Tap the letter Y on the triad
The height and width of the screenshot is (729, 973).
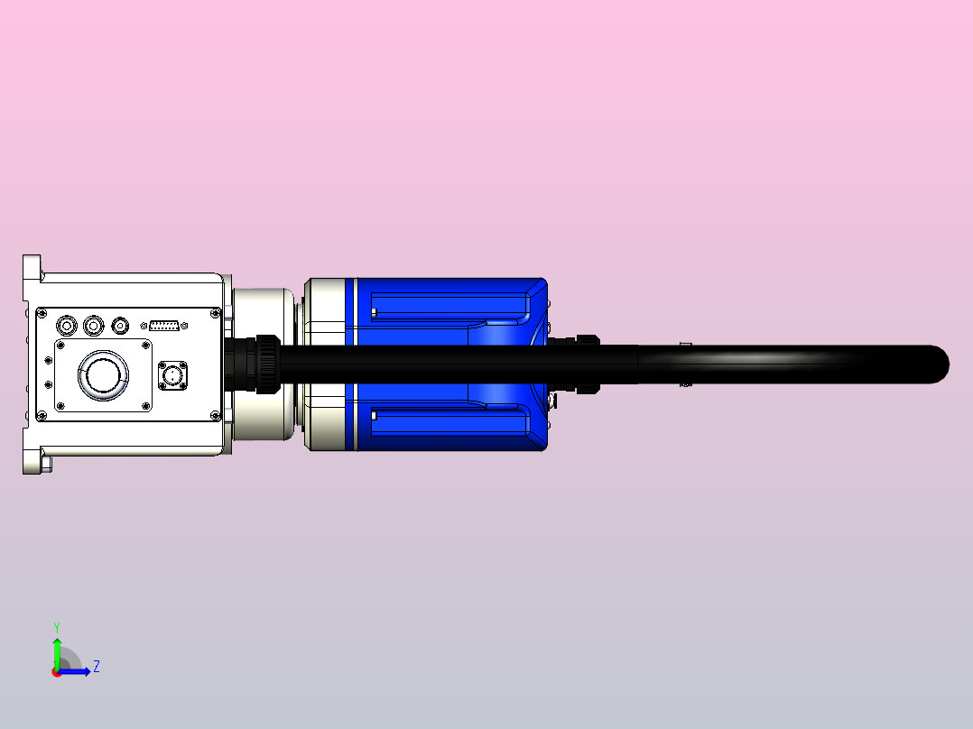tap(57, 626)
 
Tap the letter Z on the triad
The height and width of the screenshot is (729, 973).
tap(96, 668)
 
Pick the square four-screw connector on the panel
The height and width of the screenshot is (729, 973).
tap(173, 375)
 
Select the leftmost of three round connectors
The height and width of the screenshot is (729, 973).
tap(66, 325)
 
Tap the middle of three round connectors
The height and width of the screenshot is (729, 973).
tap(92, 325)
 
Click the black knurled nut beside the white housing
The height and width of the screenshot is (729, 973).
tap(264, 364)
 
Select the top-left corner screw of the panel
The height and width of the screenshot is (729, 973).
tap(41, 314)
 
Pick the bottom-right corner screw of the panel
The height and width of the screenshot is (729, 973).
tap(215, 415)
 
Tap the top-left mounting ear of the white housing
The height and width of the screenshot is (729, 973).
tap(32, 267)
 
